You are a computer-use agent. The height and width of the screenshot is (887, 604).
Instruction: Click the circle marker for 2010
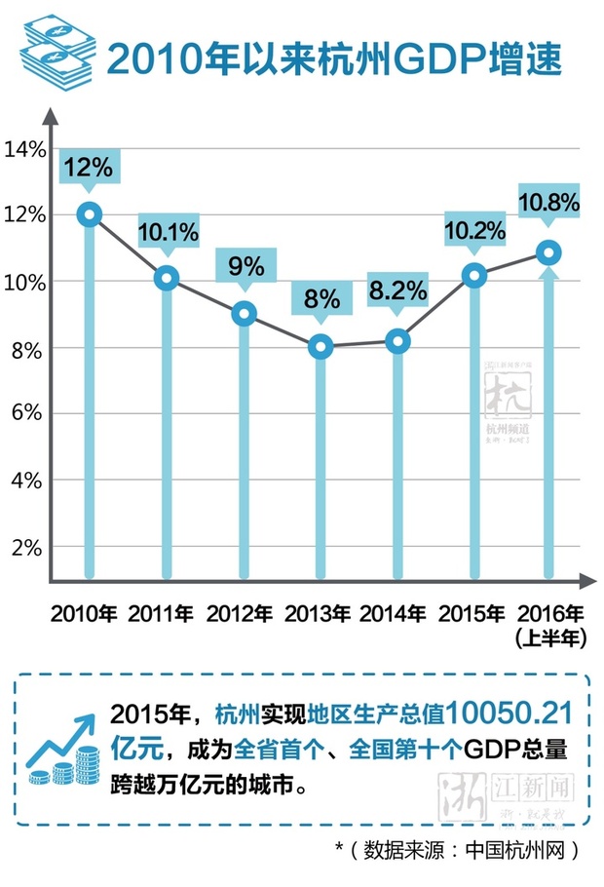pyautogui.click(x=90, y=214)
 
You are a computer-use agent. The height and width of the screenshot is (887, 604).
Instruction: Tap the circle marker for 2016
pyautogui.click(x=549, y=252)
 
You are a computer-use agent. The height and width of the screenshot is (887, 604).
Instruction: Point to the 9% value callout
pyautogui.click(x=245, y=266)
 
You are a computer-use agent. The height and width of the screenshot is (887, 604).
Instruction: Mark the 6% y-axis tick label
pyautogui.click(x=30, y=413)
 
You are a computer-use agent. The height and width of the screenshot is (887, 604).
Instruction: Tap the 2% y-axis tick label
pyautogui.click(x=30, y=547)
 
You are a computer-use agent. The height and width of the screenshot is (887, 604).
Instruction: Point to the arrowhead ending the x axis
pyautogui.click(x=586, y=581)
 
